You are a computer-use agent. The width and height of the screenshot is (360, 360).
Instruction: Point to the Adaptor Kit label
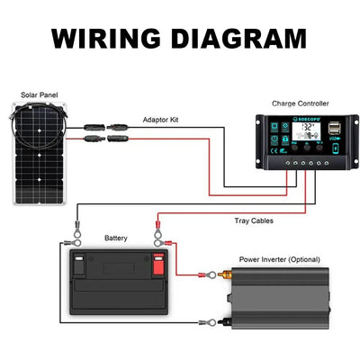(163, 119)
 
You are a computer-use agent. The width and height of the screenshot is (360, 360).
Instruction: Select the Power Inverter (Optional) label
(279, 259)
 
